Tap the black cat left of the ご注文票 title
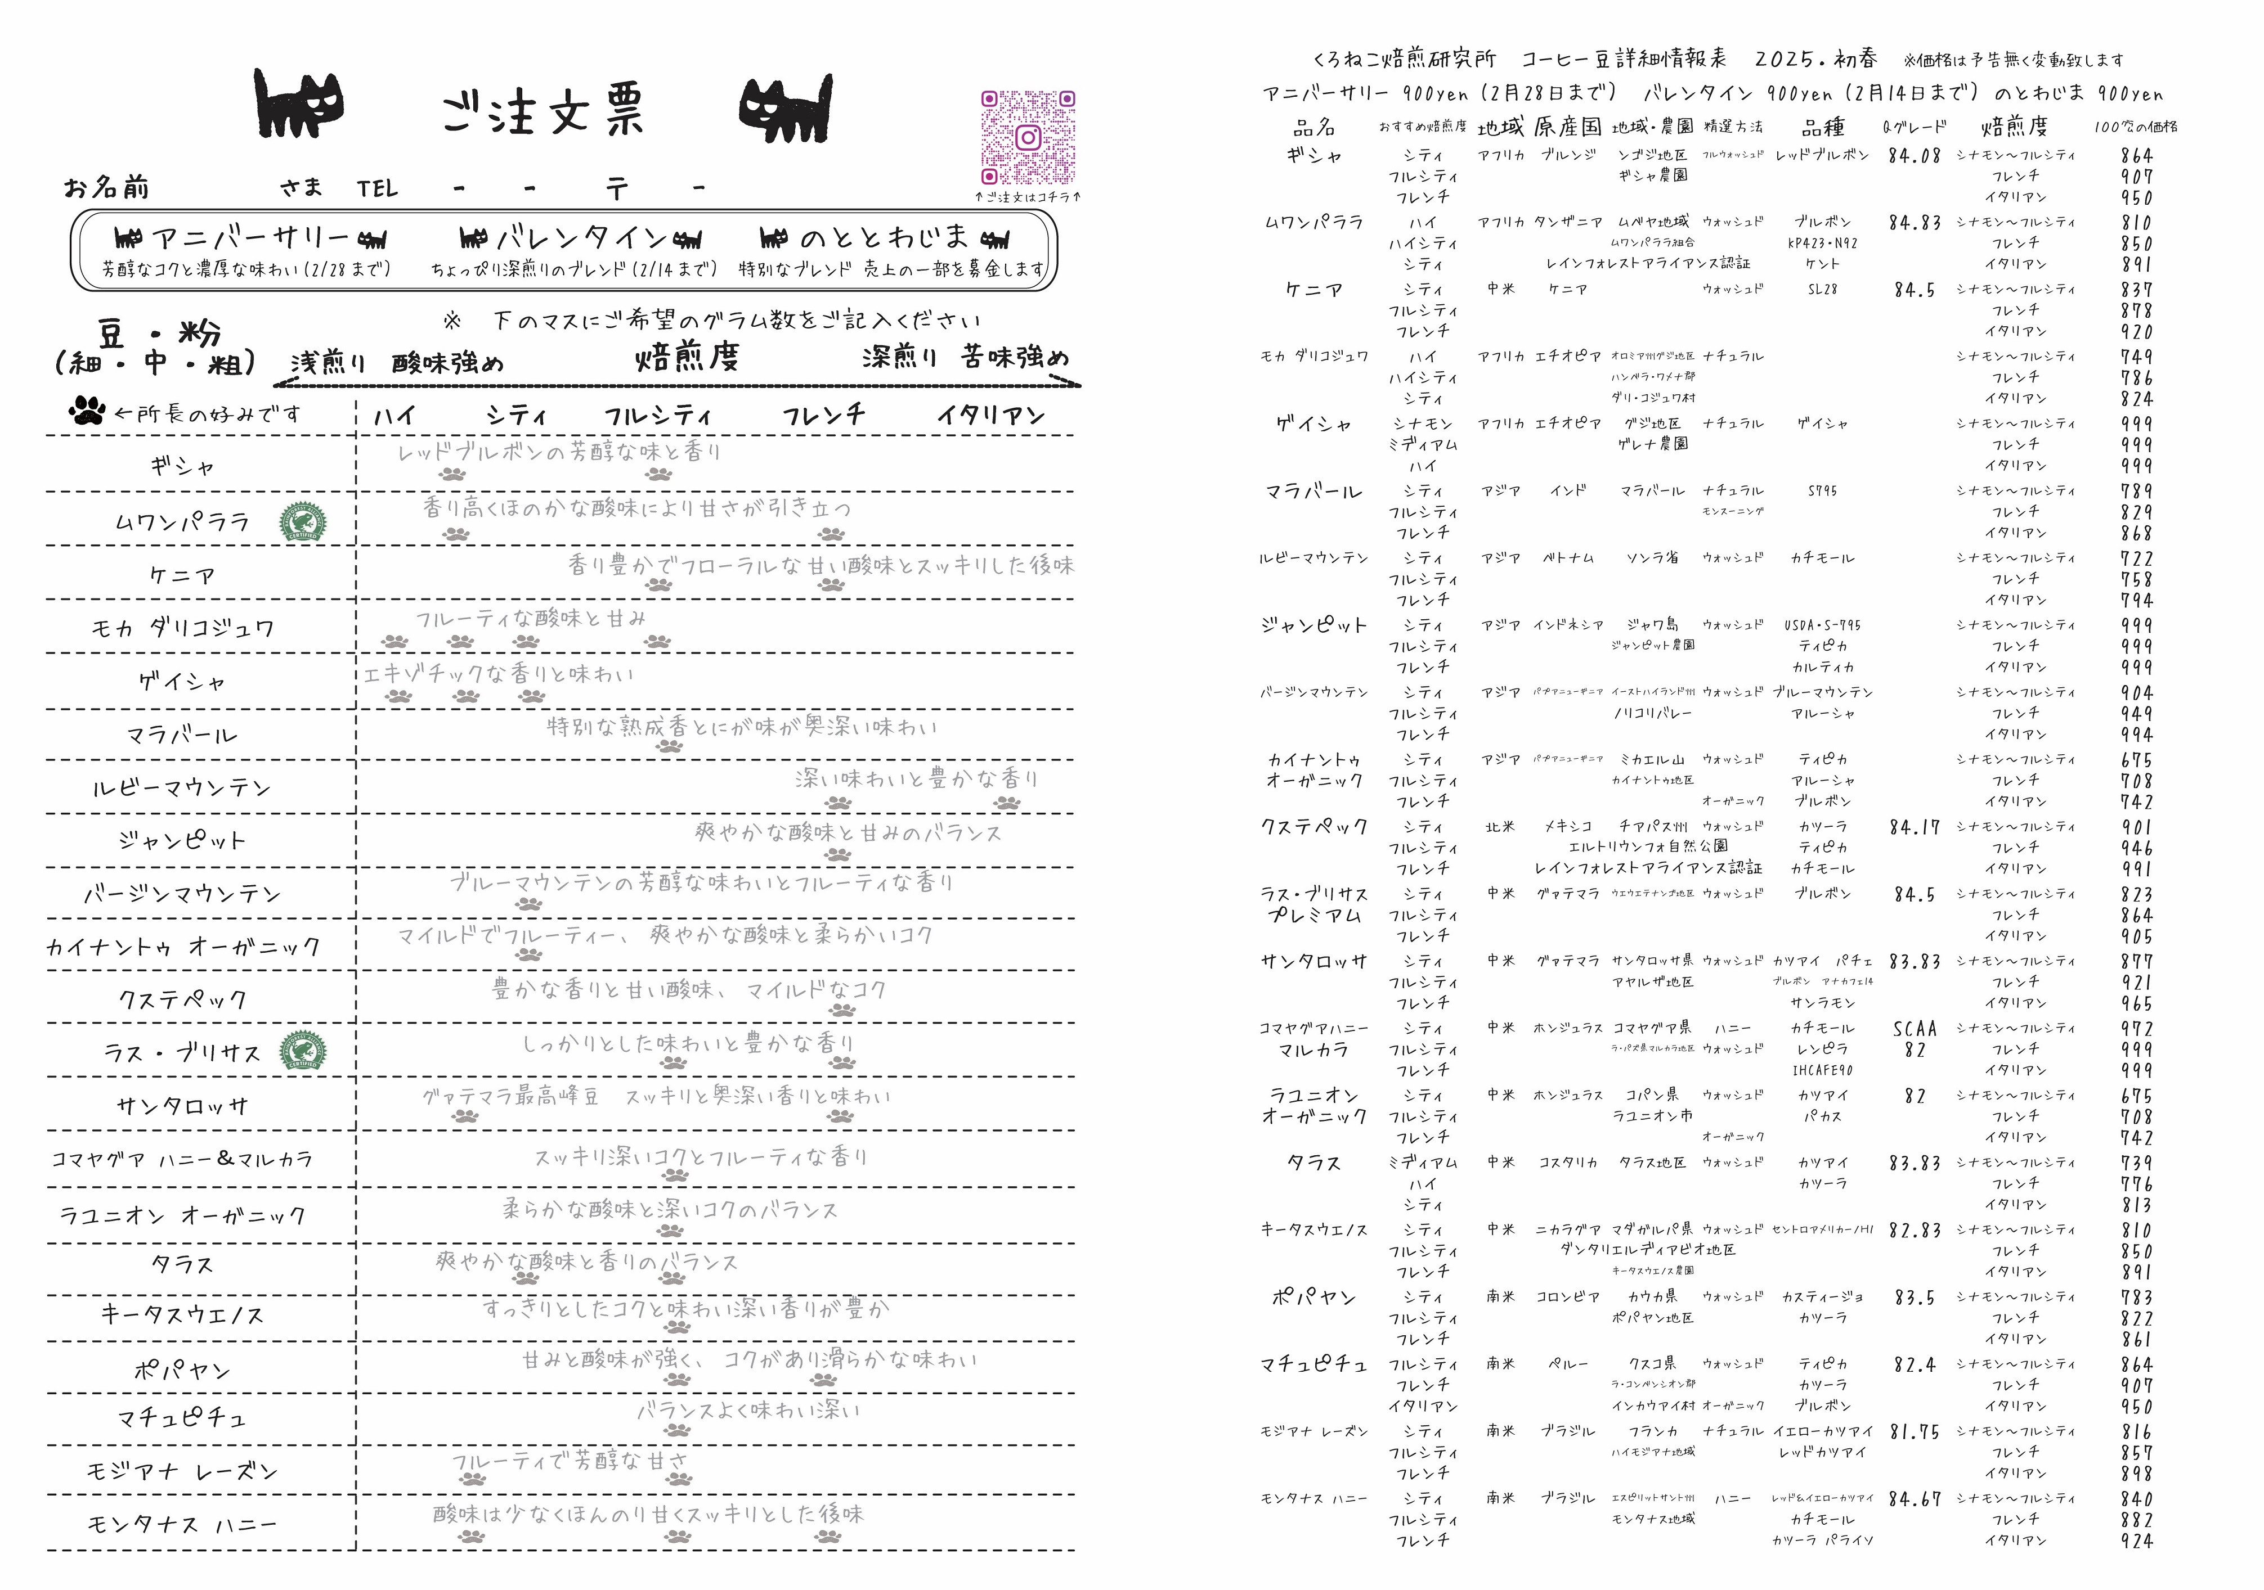coord(300,103)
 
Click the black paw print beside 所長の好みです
coord(88,411)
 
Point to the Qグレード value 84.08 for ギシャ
coord(1914,155)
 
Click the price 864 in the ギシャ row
coord(2137,155)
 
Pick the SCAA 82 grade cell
coord(1914,1039)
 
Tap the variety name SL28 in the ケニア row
coord(1822,289)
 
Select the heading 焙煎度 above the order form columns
coord(687,357)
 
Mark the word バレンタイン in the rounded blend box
coord(582,237)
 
